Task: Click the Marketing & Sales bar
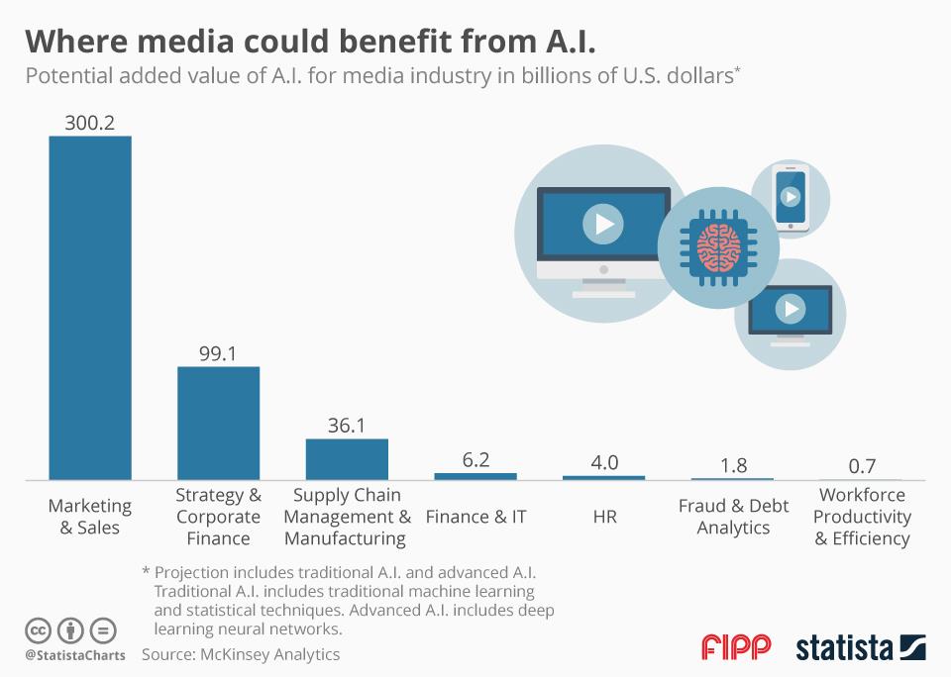(90, 308)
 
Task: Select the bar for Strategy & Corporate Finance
(218, 424)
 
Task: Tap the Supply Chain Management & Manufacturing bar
(347, 459)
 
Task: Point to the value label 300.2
(90, 123)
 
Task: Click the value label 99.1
(218, 353)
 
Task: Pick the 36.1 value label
(347, 426)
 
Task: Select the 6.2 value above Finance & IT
(475, 460)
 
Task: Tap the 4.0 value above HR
(604, 463)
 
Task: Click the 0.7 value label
(861, 466)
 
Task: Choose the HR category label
(604, 517)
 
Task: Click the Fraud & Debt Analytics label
(733, 517)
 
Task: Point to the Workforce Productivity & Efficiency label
(862, 517)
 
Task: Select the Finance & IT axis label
(475, 517)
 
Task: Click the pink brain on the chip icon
(714, 246)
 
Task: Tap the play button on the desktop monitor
(602, 225)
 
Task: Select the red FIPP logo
(736, 648)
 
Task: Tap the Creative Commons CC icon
(39, 629)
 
